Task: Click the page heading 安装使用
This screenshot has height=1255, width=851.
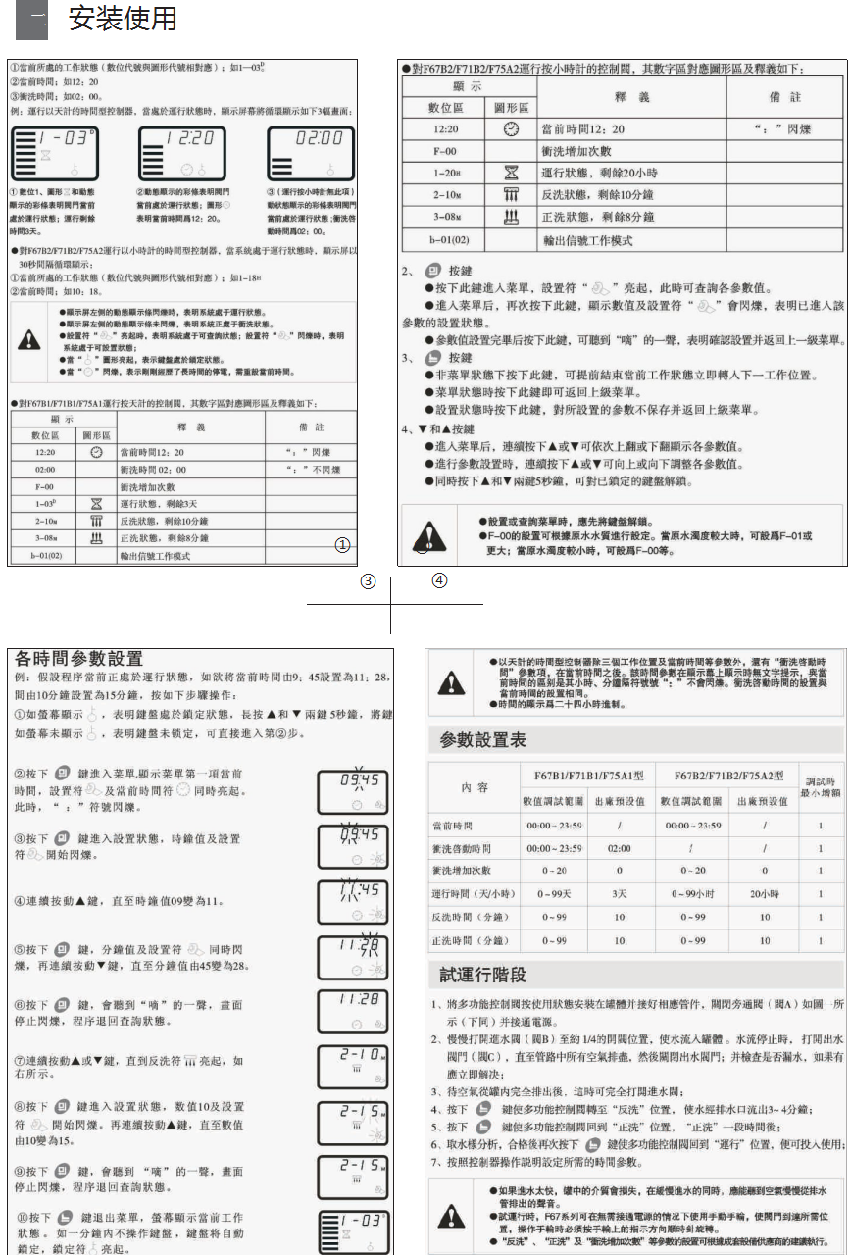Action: click(x=124, y=20)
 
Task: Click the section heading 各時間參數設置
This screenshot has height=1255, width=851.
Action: click(x=75, y=659)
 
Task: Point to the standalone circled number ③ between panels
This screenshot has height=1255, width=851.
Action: click(x=368, y=580)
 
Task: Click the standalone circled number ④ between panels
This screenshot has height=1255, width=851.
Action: click(x=439, y=580)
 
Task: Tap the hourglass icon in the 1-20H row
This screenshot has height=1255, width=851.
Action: click(x=510, y=173)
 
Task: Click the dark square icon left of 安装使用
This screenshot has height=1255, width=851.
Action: click(x=31, y=21)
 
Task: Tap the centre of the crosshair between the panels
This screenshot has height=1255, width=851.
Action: click(x=391, y=605)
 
